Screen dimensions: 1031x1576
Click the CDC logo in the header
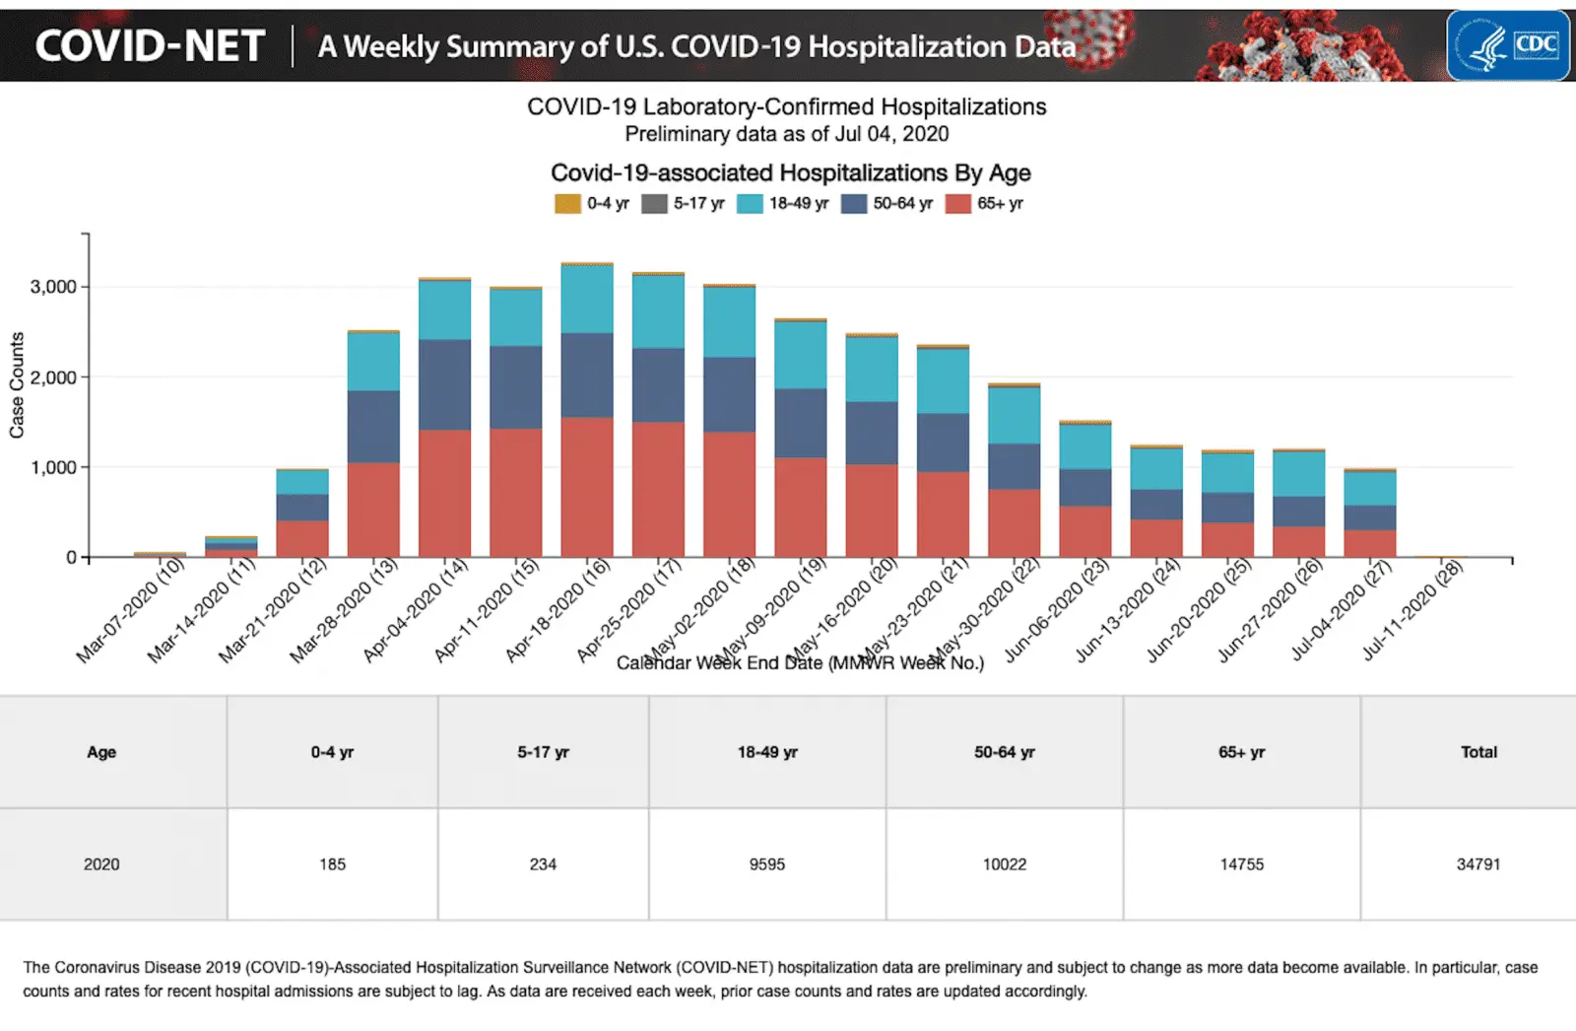click(x=1508, y=45)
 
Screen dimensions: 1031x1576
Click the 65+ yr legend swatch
click(x=957, y=204)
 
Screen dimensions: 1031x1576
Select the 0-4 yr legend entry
click(x=592, y=204)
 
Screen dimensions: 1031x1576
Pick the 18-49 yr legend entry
click(x=784, y=204)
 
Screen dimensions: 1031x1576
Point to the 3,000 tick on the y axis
click(x=53, y=287)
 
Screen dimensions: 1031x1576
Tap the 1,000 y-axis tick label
click(x=53, y=467)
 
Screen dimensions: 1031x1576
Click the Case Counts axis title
click(x=17, y=385)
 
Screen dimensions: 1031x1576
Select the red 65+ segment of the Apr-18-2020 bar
click(x=587, y=488)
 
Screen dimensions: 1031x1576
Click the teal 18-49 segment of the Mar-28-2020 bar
click(x=373, y=362)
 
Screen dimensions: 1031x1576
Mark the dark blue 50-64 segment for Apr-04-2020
click(x=444, y=385)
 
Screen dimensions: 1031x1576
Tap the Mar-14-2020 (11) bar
click(x=230, y=547)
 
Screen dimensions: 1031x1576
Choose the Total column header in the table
click(x=1478, y=752)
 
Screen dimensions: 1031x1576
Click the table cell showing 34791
click(x=1478, y=864)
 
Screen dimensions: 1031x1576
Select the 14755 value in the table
click(x=1241, y=864)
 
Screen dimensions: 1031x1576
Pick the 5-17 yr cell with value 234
click(x=543, y=864)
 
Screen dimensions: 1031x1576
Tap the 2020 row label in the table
click(x=101, y=864)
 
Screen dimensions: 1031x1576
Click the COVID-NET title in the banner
click(x=151, y=46)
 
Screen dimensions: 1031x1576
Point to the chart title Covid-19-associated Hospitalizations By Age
click(x=790, y=173)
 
